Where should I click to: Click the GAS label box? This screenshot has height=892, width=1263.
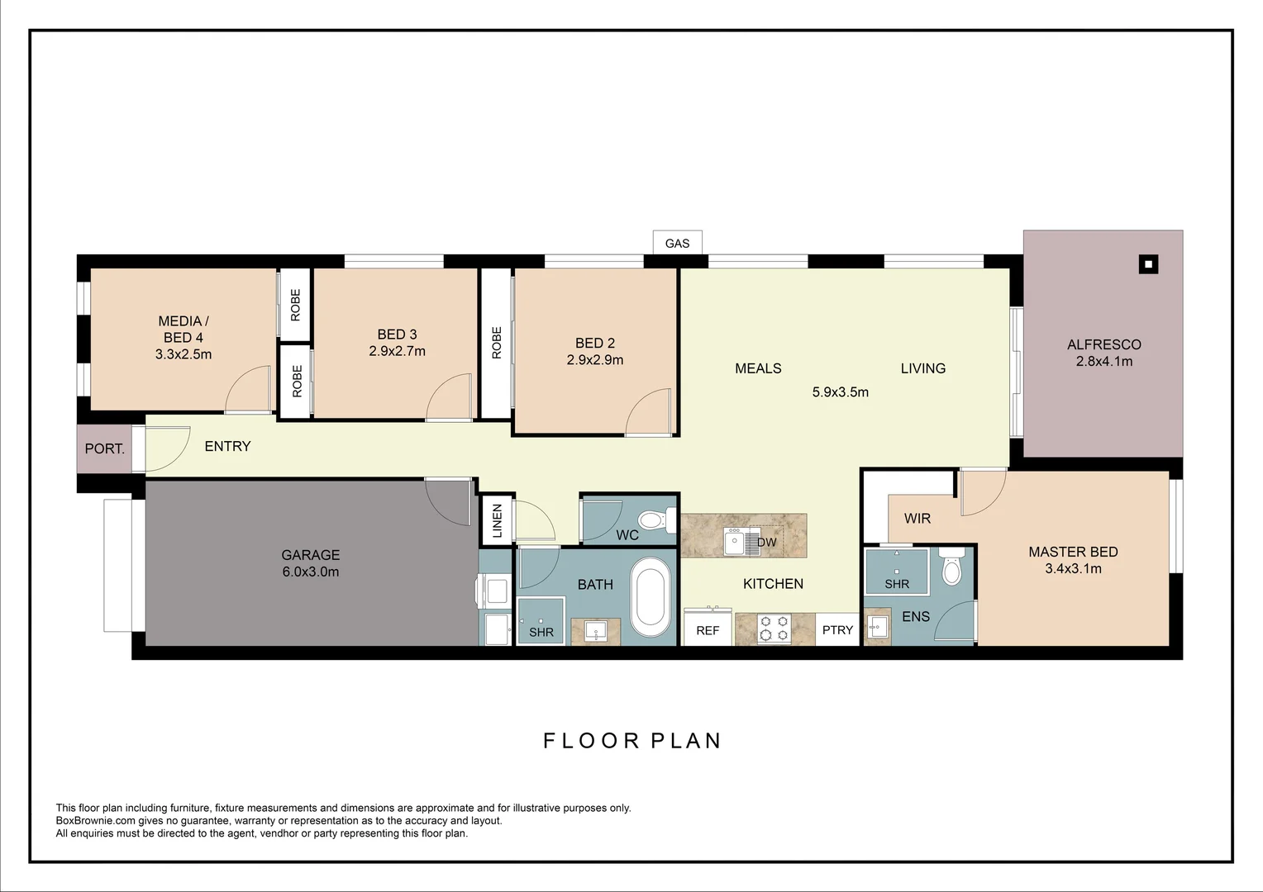click(677, 243)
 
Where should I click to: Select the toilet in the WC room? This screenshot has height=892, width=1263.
click(652, 520)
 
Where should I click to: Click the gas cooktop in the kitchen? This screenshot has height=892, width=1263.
click(774, 629)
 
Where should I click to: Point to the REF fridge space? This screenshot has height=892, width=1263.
click(708, 629)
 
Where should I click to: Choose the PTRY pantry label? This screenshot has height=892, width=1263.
click(837, 629)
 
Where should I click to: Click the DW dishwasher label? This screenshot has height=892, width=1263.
click(767, 542)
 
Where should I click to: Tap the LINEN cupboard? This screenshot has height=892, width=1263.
click(497, 520)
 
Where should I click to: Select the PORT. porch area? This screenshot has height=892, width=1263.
click(105, 448)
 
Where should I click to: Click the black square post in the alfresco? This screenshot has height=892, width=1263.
click(1148, 264)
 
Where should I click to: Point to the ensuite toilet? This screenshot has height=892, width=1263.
click(952, 567)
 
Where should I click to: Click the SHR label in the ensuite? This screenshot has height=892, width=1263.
click(897, 583)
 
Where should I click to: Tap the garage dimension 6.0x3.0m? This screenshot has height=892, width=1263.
click(310, 572)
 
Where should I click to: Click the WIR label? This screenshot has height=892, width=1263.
click(917, 519)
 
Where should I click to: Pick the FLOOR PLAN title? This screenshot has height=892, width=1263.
click(632, 741)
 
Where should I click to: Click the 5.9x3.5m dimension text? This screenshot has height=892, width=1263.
click(840, 392)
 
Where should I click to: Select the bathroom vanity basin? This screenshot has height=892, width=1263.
click(596, 631)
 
